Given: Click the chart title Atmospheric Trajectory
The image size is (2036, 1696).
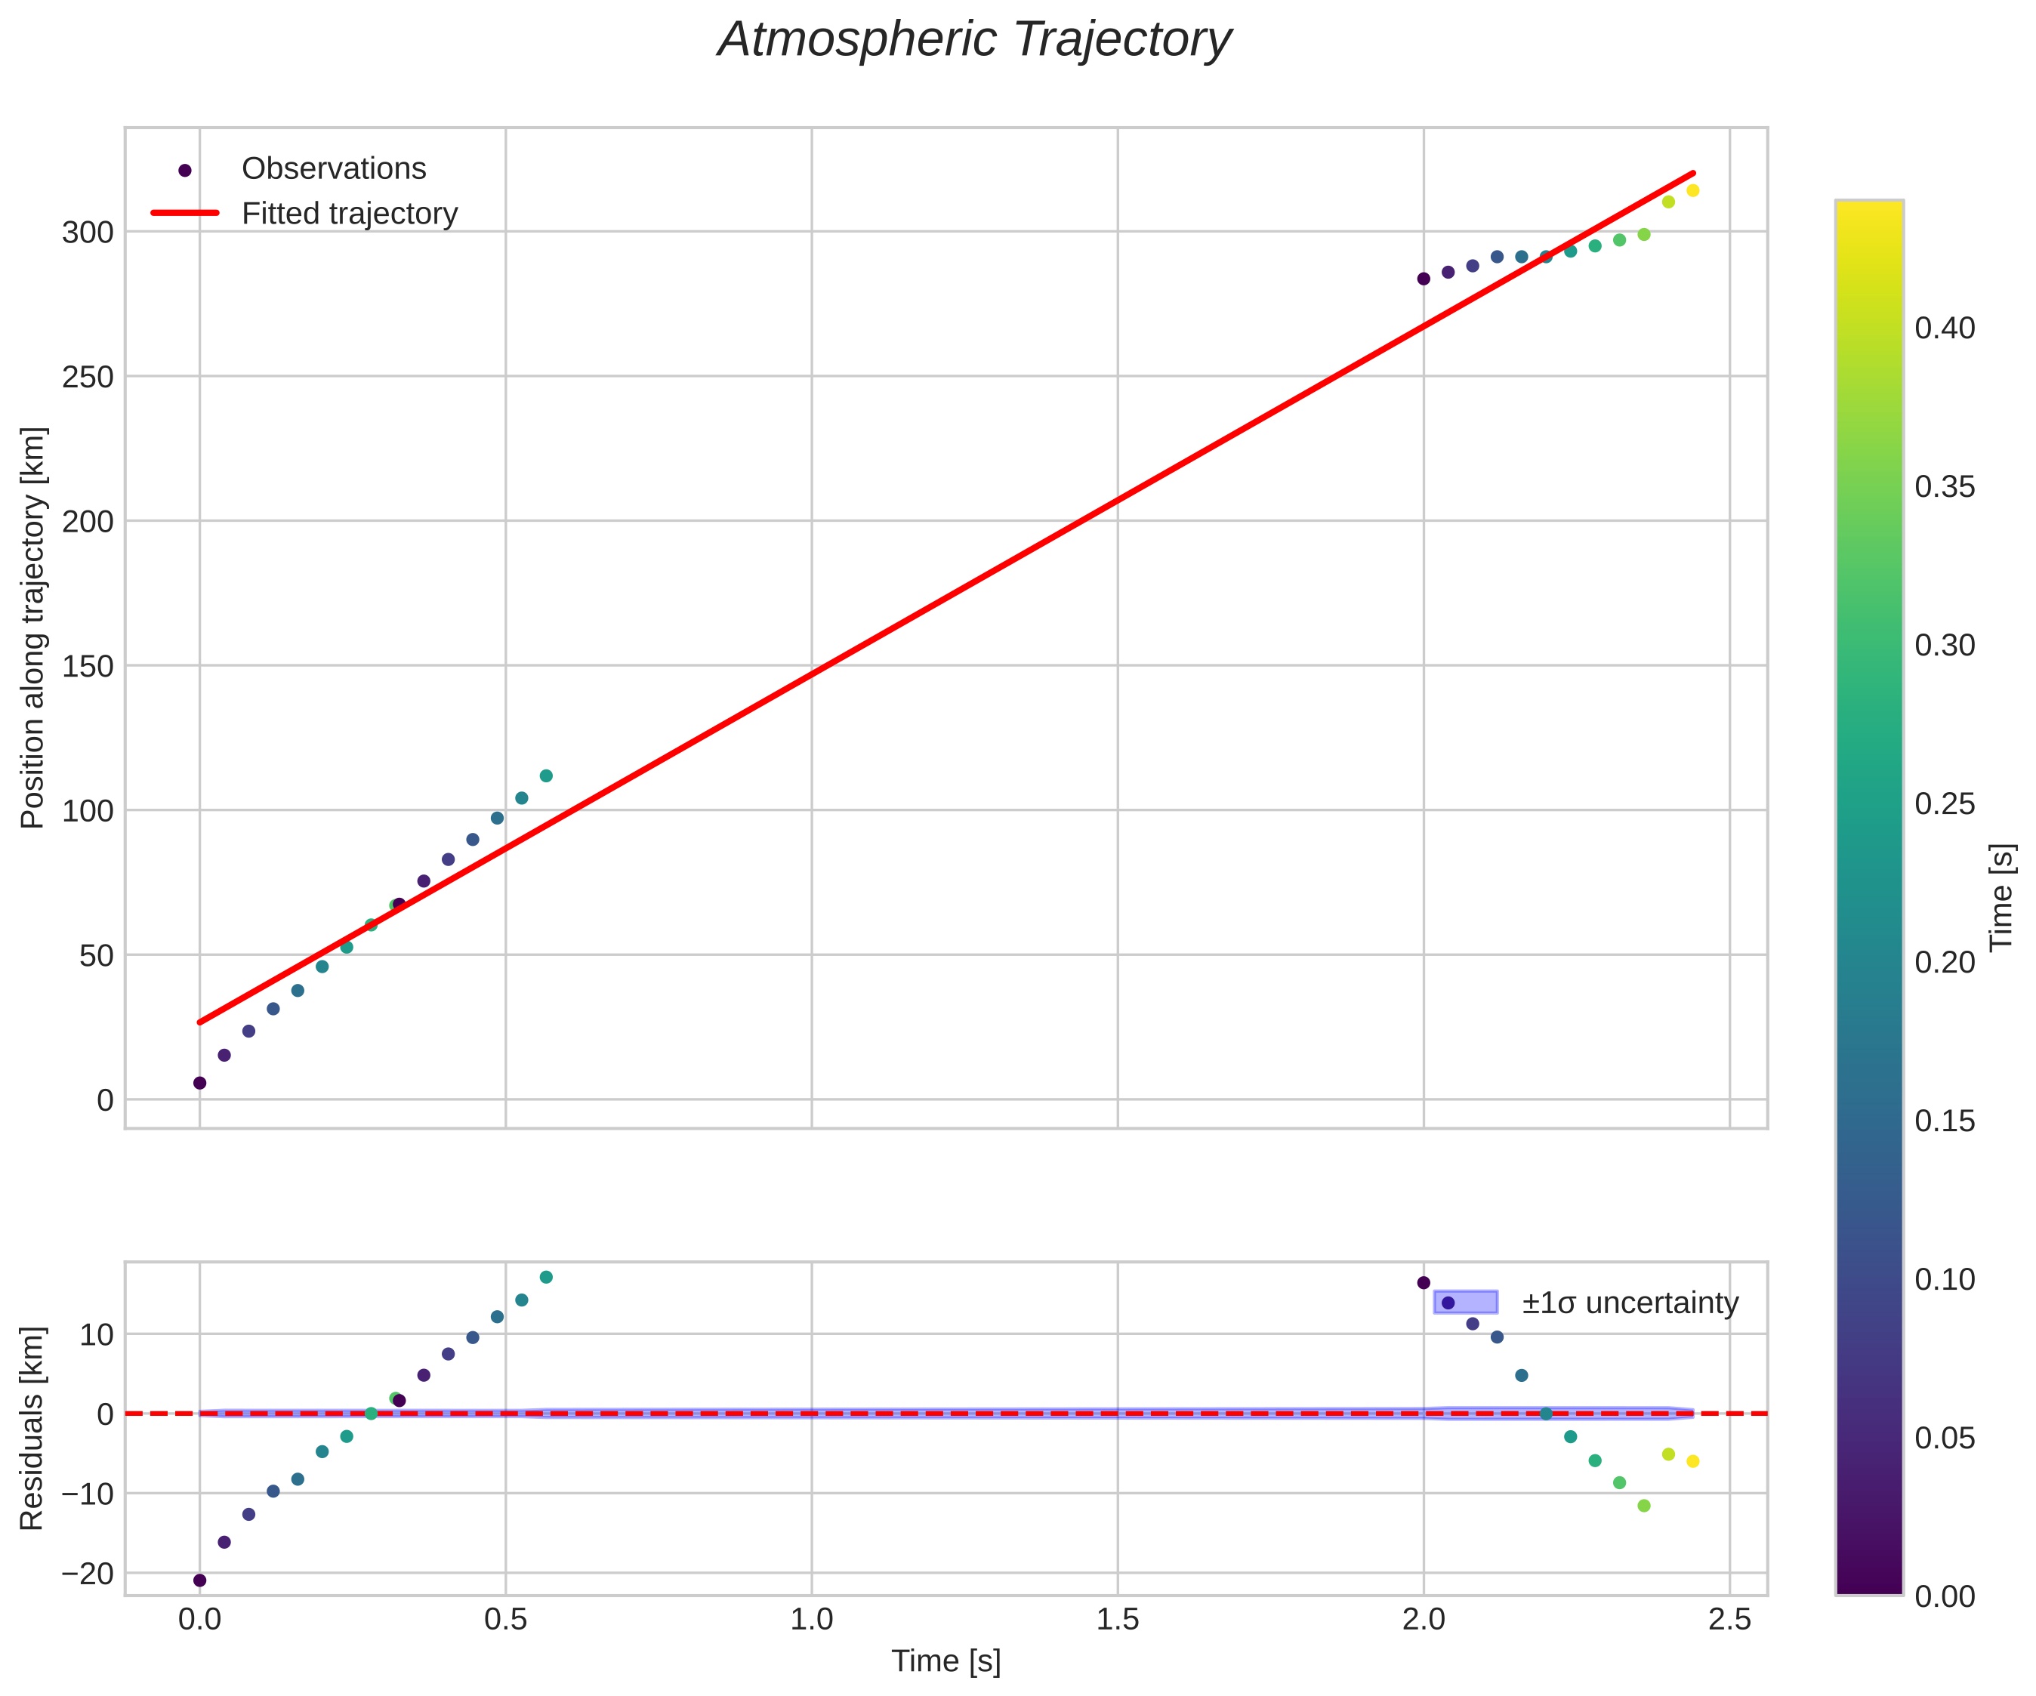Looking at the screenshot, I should pyautogui.click(x=973, y=41).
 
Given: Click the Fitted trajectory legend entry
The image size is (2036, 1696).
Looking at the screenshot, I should pyautogui.click(x=349, y=214).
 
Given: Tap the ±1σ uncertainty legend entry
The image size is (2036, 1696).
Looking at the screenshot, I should pyautogui.click(x=1630, y=1303).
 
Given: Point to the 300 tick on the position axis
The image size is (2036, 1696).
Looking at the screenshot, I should pyautogui.click(x=88, y=233).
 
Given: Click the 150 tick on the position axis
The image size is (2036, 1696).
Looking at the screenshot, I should pyautogui.click(x=88, y=666).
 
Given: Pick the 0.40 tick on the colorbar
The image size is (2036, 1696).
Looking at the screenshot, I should pyautogui.click(x=1945, y=328).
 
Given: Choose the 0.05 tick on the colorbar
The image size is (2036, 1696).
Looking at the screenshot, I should pyautogui.click(x=1945, y=1438).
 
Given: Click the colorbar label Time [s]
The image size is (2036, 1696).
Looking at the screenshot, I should pyautogui.click(x=2001, y=897).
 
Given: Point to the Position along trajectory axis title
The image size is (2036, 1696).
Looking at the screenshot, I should pyautogui.click(x=33, y=628).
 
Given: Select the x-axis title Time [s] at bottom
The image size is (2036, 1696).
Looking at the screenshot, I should pyautogui.click(x=946, y=1661).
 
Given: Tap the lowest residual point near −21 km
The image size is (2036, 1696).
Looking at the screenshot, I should pyautogui.click(x=199, y=1580).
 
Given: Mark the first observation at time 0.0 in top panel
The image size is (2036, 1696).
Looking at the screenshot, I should pyautogui.click(x=199, y=1083).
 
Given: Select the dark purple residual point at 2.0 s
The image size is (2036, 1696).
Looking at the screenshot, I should pyautogui.click(x=1424, y=1283).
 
